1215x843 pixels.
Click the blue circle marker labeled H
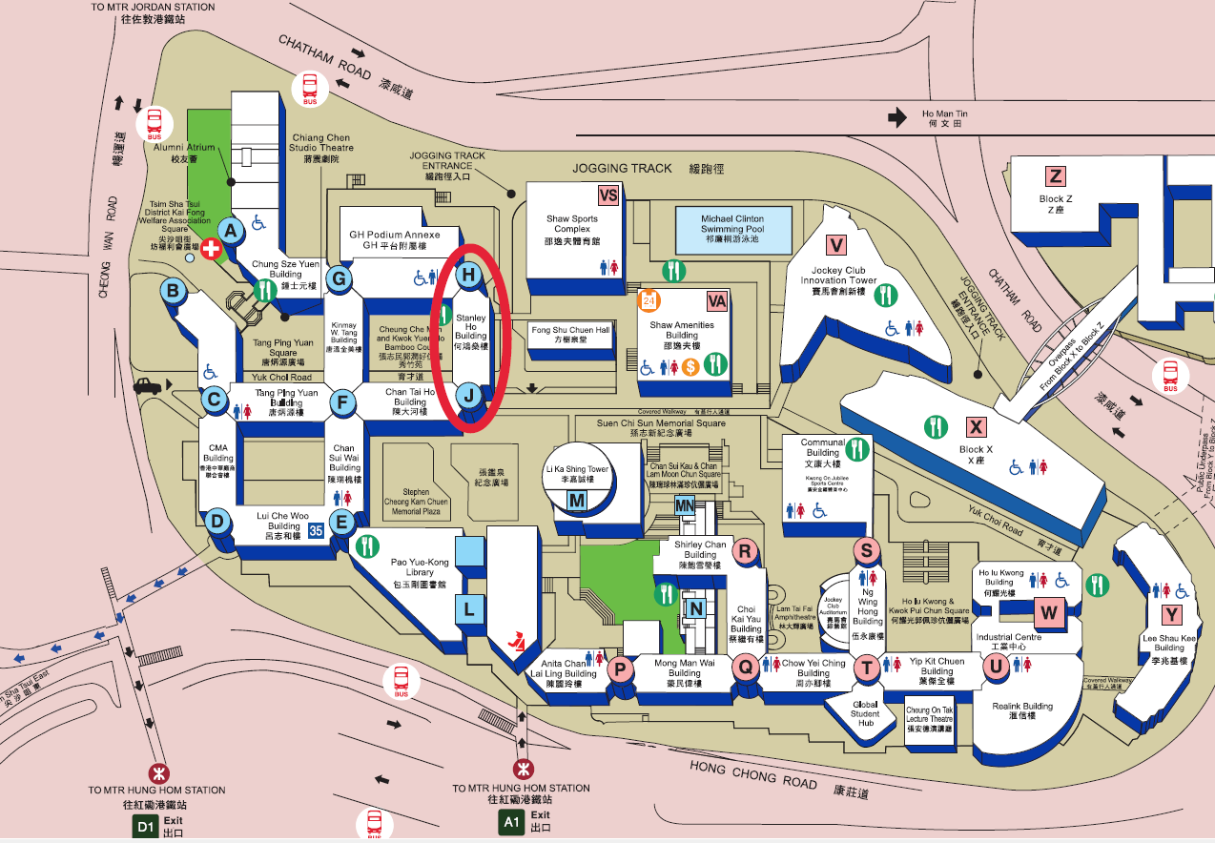pyautogui.click(x=468, y=276)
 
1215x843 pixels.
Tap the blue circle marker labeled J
pyautogui.click(x=468, y=394)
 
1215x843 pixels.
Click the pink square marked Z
pyautogui.click(x=1056, y=175)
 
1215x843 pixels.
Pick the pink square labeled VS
pyautogui.click(x=608, y=195)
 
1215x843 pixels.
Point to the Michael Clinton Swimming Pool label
pyautogui.click(x=732, y=229)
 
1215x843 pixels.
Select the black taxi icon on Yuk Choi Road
pyautogui.click(x=148, y=386)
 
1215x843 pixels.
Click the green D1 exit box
pyautogui.click(x=145, y=826)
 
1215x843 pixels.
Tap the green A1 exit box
pyautogui.click(x=511, y=822)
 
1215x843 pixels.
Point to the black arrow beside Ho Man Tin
pyautogui.click(x=896, y=117)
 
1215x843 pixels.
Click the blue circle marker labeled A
pyautogui.click(x=230, y=230)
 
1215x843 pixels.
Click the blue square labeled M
pyautogui.click(x=576, y=501)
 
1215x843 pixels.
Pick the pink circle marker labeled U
pyautogui.click(x=996, y=667)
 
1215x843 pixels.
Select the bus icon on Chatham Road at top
pyautogui.click(x=310, y=88)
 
